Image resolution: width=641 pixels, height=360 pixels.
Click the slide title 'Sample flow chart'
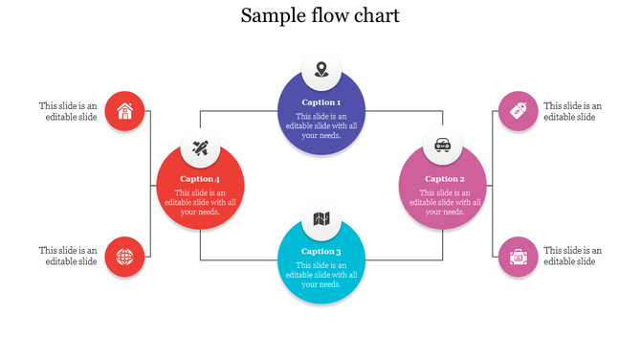320,15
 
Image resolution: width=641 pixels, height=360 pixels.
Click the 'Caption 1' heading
321,101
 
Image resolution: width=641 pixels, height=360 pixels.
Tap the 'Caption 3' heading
321,251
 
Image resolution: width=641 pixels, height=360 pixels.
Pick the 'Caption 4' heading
200,178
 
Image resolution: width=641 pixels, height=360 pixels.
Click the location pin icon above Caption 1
321,70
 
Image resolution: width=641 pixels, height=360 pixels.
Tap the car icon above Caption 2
443,146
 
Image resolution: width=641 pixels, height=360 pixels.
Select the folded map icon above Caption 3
321,219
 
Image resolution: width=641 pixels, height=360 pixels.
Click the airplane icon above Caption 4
200,147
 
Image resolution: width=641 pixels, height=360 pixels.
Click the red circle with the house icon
124,111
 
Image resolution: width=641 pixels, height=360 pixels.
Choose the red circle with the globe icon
124,256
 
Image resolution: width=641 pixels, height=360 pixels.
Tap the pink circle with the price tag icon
519,111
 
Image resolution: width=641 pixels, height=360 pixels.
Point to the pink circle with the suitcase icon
519,256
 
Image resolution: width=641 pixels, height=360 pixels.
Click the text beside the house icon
68,111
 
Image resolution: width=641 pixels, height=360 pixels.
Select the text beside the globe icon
68,256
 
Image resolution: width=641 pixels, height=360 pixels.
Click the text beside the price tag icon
573,111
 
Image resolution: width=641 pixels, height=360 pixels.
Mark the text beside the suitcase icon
573,256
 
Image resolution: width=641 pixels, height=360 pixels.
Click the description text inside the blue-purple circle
321,125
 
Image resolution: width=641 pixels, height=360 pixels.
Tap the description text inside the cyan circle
321,275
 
